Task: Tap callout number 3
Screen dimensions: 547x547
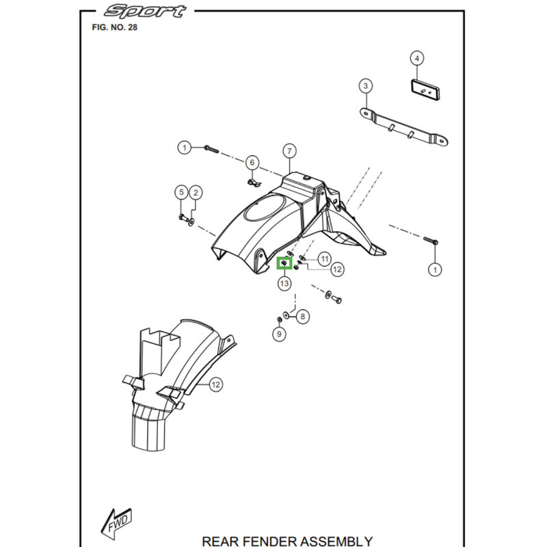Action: (366, 85)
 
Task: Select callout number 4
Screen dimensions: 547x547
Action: (417, 58)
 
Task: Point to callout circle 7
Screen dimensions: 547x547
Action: (289, 151)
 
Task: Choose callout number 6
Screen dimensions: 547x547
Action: (252, 163)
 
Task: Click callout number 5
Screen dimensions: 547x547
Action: (181, 192)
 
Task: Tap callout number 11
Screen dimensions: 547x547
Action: (324, 258)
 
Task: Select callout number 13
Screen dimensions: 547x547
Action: (283, 283)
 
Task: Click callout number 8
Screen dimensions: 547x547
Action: (303, 316)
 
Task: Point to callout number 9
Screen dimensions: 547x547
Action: (279, 334)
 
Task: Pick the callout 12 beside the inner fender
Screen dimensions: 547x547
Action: (215, 385)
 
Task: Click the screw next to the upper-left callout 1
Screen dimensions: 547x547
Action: (210, 148)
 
